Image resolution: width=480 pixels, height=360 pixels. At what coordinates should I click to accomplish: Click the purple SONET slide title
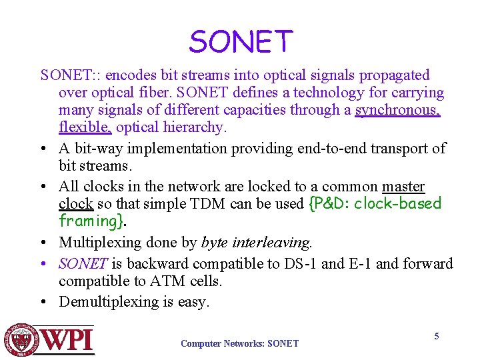point(241,42)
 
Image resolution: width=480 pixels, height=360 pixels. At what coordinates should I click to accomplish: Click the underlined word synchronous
point(397,110)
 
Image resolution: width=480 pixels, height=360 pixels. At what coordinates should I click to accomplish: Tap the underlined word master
point(403,187)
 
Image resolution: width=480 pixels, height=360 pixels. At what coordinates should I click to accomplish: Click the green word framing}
point(91,221)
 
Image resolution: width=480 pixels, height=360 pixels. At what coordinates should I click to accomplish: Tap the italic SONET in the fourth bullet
point(83,263)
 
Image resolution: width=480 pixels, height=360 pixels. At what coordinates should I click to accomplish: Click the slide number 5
point(437,336)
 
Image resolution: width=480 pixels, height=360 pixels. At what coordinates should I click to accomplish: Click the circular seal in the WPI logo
point(20,341)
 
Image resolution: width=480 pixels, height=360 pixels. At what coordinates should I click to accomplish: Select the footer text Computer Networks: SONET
point(239,344)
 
